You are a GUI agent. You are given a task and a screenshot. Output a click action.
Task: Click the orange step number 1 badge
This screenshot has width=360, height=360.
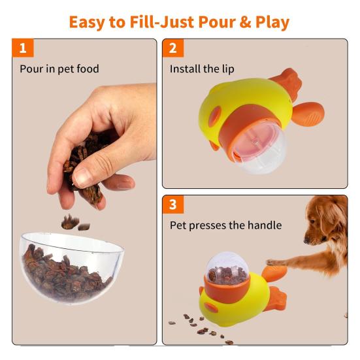pos(23,48)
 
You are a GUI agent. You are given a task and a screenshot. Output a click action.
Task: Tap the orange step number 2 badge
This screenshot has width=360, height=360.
pos(173,48)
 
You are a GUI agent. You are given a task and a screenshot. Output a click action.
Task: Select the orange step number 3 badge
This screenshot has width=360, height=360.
pos(173,205)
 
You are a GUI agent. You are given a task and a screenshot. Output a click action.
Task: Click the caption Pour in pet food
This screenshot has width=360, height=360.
pos(59,69)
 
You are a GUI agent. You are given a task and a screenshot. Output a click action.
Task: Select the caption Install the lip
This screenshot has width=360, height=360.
pos(202,69)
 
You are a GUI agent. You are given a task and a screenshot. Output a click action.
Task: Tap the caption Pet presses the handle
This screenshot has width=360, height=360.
pos(225,225)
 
